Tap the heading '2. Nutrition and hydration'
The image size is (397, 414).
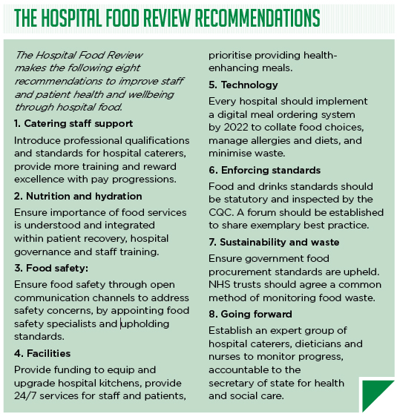point(78,196)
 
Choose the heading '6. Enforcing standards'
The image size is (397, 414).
point(264,170)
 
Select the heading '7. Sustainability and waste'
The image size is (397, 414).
point(274,242)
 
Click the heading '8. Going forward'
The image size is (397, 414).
point(250,314)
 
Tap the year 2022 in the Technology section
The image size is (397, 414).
point(239,128)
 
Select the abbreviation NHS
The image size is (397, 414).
point(220,285)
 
